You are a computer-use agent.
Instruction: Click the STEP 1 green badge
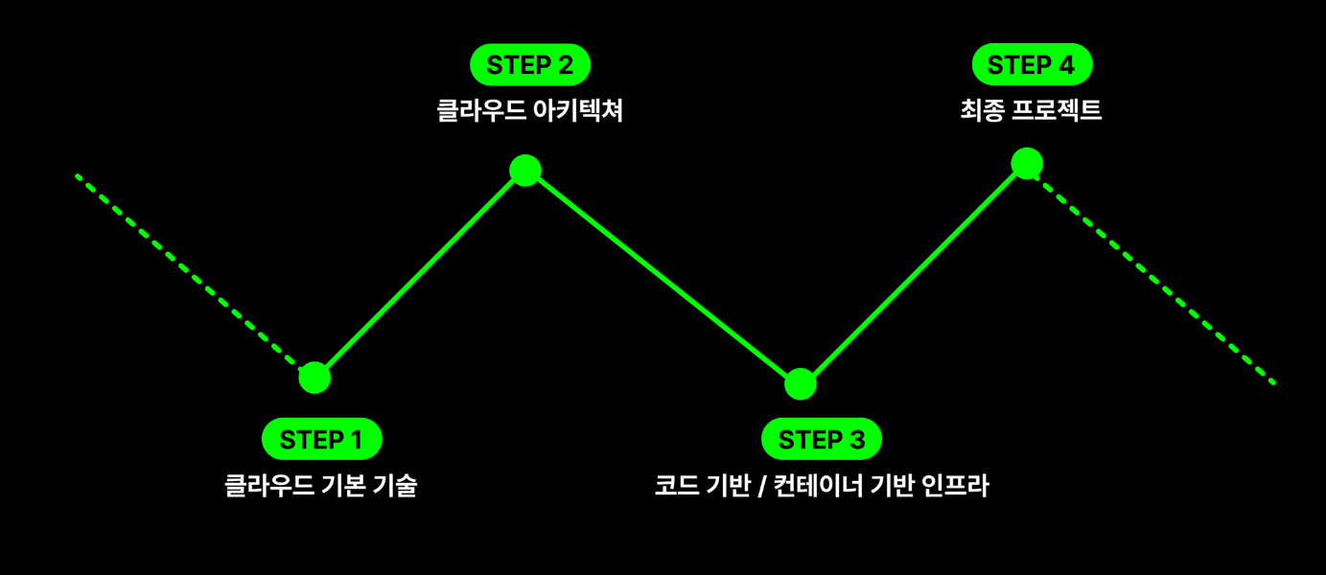pyautogui.click(x=321, y=440)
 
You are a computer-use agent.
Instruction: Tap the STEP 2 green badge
pyautogui.click(x=529, y=65)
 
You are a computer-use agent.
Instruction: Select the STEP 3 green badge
pyautogui.click(x=821, y=440)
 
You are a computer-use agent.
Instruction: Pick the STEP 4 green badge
pyautogui.click(x=1032, y=65)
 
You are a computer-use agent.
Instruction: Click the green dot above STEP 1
pyautogui.click(x=314, y=378)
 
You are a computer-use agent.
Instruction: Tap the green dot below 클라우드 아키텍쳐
pyautogui.click(x=525, y=171)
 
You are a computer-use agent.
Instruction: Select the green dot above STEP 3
pyautogui.click(x=801, y=384)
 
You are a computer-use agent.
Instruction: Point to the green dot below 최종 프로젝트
pyautogui.click(x=1027, y=163)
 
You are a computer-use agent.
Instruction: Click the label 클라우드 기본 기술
pyautogui.click(x=320, y=486)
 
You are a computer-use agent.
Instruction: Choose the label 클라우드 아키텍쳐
pyautogui.click(x=529, y=111)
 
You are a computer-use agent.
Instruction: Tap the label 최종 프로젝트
pyautogui.click(x=1031, y=111)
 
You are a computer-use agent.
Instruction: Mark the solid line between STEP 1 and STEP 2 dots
pyautogui.click(x=420, y=274)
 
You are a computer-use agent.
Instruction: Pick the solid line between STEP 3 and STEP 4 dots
pyautogui.click(x=914, y=273)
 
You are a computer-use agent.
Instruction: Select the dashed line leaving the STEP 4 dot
pyautogui.click(x=1151, y=274)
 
